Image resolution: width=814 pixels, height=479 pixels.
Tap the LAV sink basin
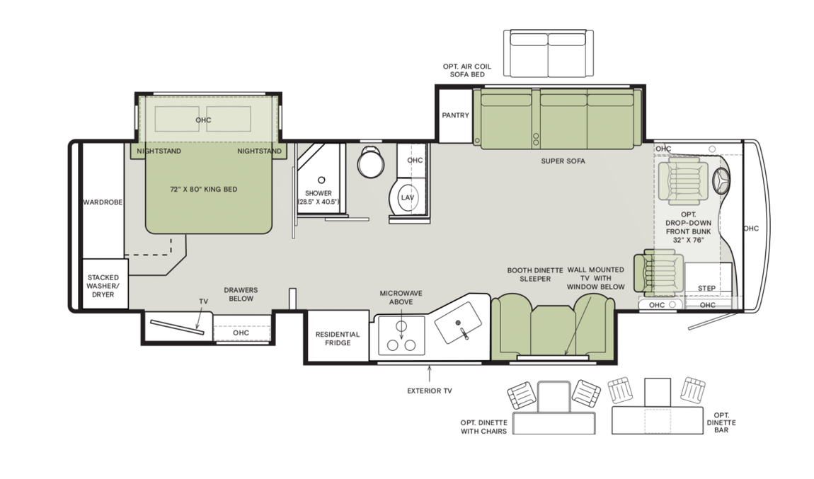(x=407, y=197)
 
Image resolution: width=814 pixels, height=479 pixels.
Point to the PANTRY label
(x=455, y=115)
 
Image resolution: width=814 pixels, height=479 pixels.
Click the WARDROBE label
(x=103, y=202)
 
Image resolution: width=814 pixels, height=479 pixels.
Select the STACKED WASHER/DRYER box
(x=104, y=286)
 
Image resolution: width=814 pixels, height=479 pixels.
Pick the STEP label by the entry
(x=706, y=289)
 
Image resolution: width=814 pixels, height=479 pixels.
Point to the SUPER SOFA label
(x=563, y=161)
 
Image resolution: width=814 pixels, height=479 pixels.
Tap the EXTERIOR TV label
(x=429, y=391)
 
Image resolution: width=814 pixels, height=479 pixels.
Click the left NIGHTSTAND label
(x=159, y=151)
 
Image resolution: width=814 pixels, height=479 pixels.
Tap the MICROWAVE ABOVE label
(x=396, y=297)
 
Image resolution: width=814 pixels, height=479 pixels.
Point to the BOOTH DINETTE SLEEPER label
(x=534, y=275)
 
